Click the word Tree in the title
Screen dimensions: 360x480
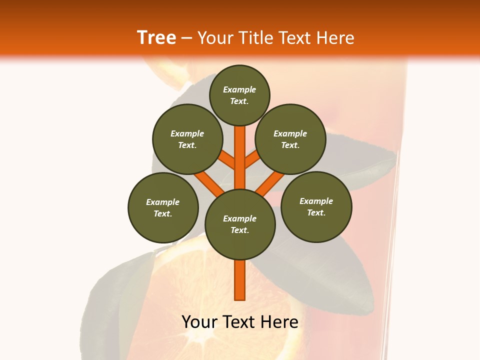coord(156,38)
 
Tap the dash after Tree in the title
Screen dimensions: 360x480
coord(186,38)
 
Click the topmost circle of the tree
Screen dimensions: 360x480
coord(239,95)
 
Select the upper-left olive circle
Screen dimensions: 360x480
coord(187,139)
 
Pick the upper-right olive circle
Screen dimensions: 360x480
coord(290,139)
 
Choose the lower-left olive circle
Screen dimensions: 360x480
coord(163,207)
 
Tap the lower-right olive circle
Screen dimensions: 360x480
coord(316,206)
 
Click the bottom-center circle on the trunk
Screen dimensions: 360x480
coord(240,224)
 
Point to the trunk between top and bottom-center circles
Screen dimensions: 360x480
coord(240,155)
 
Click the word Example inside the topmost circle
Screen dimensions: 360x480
coord(239,89)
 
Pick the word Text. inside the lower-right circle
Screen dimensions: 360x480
coord(316,212)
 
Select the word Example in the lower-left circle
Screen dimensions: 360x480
coord(162,202)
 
